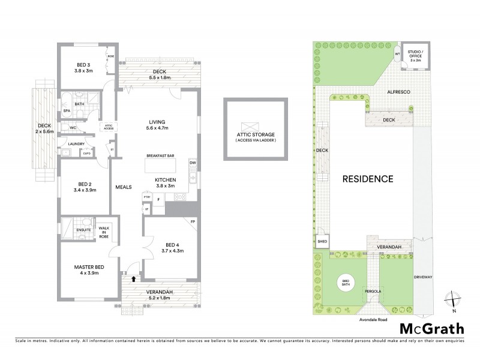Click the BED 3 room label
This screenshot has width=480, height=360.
[x=84, y=65]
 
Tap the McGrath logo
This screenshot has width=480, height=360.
[x=431, y=328]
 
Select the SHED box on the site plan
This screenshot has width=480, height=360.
[x=322, y=242]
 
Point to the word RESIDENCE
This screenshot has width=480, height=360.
[x=368, y=179]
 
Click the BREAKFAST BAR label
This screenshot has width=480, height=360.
[x=160, y=156]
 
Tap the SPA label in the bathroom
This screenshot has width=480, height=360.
[x=67, y=111]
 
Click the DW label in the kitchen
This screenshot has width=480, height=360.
[x=193, y=163]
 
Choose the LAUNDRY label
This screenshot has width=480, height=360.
[x=76, y=144]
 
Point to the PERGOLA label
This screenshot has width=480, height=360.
[x=373, y=292]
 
